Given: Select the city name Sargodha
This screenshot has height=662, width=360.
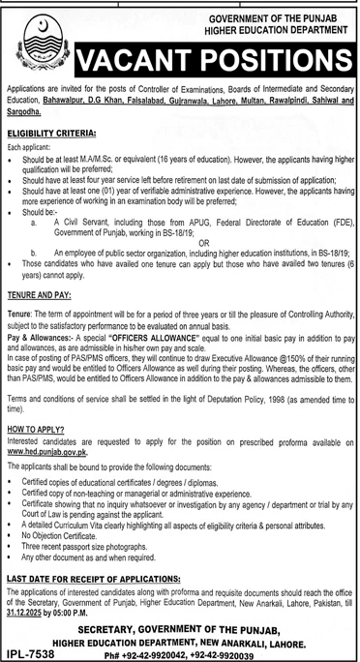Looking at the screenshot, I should pos(27,124).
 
